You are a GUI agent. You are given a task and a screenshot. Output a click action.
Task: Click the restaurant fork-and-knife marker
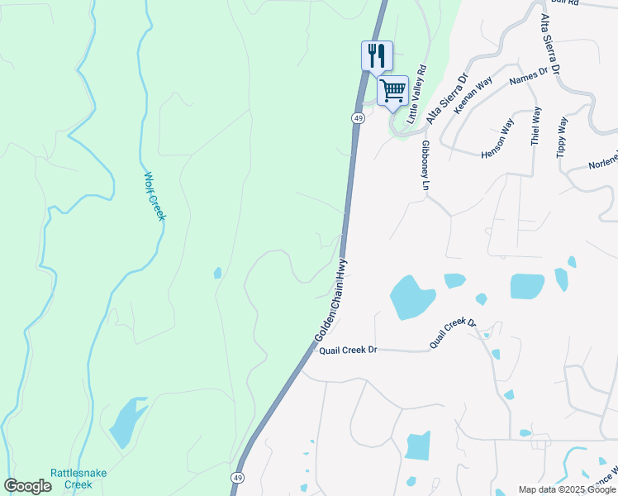(377, 56)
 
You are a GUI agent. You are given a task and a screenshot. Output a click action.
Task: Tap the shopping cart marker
(393, 89)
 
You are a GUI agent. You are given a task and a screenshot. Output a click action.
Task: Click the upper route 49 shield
(358, 118)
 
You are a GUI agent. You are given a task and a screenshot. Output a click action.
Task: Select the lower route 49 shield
(237, 478)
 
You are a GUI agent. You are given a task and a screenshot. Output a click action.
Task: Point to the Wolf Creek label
(155, 196)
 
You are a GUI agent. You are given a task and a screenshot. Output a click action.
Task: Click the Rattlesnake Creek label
(71, 479)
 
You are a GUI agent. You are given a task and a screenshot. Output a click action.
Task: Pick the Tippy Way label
(562, 136)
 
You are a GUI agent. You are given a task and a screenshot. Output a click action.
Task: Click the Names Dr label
(529, 77)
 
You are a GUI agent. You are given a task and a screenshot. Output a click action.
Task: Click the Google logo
(27, 486)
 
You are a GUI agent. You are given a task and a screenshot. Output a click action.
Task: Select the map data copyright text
(566, 489)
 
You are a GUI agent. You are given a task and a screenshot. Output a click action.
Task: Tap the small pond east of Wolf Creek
(217, 273)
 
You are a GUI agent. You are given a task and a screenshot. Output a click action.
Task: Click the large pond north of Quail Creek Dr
(411, 296)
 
